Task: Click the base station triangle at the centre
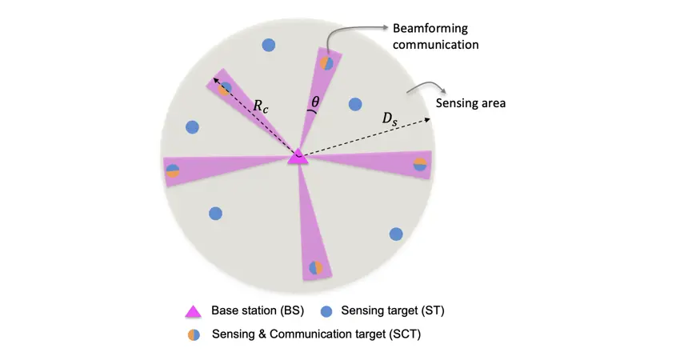[298, 157]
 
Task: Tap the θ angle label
[315, 102]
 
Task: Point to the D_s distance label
[389, 119]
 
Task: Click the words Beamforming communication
[435, 37]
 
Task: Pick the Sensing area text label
[470, 103]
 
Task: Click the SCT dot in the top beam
[326, 62]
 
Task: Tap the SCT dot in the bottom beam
[317, 268]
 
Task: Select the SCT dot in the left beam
[172, 170]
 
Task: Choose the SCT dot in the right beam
[420, 164]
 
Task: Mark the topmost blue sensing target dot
[269, 46]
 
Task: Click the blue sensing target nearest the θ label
[355, 103]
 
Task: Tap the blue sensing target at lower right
[395, 234]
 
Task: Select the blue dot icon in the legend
[326, 311]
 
